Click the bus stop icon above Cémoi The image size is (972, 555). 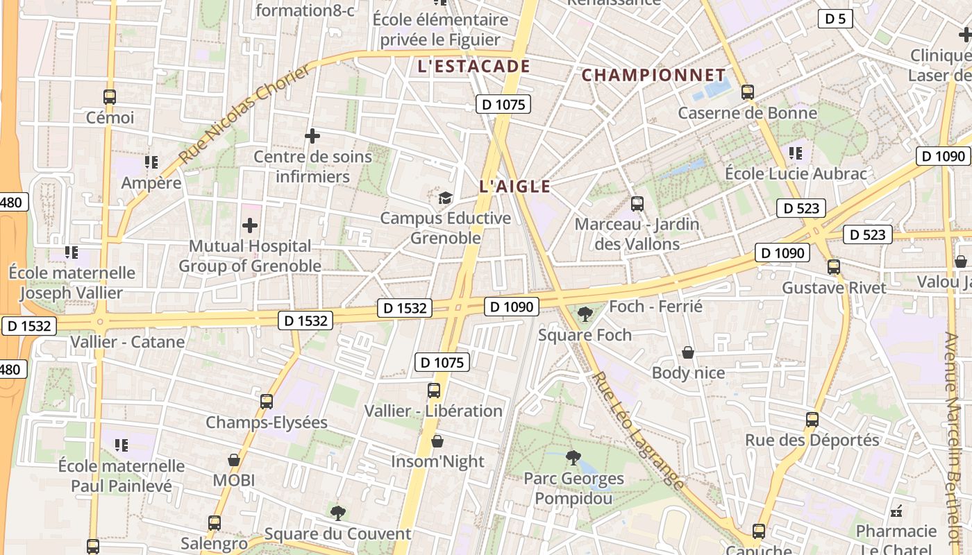(x=109, y=97)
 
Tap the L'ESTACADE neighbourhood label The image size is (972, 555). (x=474, y=67)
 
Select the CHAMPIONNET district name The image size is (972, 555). (x=653, y=75)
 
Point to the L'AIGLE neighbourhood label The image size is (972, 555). (x=514, y=186)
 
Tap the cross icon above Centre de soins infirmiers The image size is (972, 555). (x=312, y=136)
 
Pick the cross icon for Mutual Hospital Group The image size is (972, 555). (x=250, y=225)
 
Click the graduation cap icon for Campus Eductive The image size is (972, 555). (x=445, y=198)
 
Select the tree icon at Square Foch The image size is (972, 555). (x=585, y=314)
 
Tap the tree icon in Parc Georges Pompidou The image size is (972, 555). (x=573, y=457)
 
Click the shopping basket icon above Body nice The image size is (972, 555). (x=688, y=352)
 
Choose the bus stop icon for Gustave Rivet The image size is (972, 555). (x=834, y=267)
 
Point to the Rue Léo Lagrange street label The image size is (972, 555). (x=637, y=430)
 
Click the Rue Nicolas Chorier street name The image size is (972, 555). (x=245, y=114)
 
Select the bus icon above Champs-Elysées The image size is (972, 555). (x=267, y=401)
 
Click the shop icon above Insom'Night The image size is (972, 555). (x=437, y=441)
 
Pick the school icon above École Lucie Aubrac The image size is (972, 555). (x=796, y=153)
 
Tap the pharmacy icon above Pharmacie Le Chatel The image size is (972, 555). (x=896, y=511)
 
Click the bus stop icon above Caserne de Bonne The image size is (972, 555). (x=748, y=92)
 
